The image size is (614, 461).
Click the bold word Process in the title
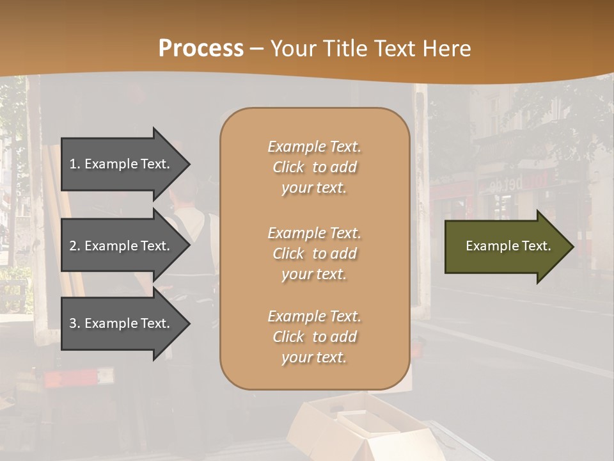click(201, 49)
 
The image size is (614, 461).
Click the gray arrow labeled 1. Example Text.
click(122, 165)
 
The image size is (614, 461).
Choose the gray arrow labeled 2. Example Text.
click(122, 246)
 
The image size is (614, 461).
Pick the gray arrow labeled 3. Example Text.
click(122, 323)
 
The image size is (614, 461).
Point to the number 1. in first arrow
click(75, 165)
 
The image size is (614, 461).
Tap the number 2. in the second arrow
click(75, 246)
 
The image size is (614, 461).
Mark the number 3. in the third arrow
click(75, 323)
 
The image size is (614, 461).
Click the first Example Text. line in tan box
click(314, 147)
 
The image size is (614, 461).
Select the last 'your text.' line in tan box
click(314, 358)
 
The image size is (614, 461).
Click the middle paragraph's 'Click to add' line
click(314, 254)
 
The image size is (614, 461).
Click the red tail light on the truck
click(61, 379)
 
